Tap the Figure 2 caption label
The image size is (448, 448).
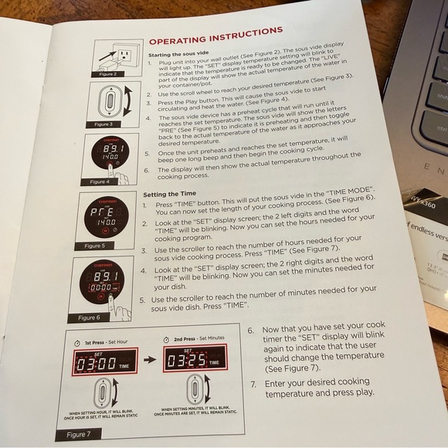pyautogui.click(x=108, y=74)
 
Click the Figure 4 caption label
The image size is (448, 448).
pyautogui.click(x=99, y=182)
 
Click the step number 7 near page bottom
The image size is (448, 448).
pyautogui.click(x=253, y=384)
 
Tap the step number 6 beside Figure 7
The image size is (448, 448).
pyautogui.click(x=250, y=328)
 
